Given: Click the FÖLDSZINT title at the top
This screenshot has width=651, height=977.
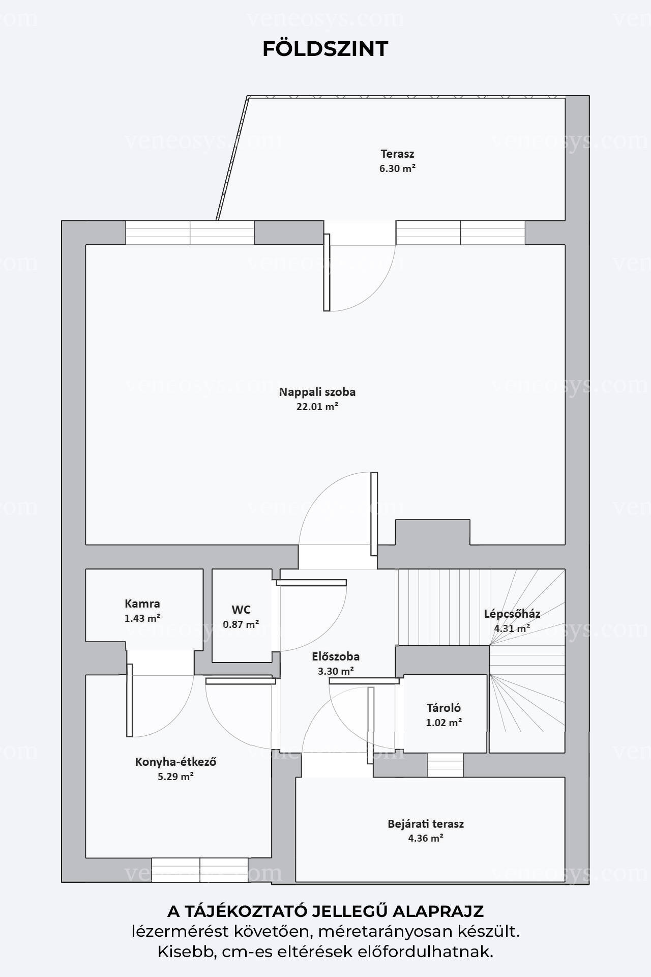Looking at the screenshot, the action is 325,48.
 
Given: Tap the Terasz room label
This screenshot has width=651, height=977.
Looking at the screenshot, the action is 397,154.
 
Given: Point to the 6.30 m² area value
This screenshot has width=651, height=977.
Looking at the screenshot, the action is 397,168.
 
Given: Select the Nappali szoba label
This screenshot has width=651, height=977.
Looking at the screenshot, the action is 317,392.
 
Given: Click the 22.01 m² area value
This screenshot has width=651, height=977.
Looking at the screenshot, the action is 317,407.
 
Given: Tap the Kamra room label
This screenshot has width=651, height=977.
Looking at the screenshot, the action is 142,604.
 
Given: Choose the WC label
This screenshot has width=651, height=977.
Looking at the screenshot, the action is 241,610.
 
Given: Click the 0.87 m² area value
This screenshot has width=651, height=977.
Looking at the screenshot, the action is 241,624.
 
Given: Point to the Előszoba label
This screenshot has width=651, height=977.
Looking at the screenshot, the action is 336,656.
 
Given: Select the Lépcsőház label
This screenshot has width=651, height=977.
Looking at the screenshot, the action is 512,614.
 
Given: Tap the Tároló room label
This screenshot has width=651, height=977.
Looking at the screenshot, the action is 443,708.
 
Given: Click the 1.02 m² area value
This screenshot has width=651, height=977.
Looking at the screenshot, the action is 443,723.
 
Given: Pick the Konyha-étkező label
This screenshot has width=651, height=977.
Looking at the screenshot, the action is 176,762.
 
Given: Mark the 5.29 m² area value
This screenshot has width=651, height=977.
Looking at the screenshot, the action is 176,777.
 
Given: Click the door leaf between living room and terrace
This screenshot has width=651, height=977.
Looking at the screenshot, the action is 327,272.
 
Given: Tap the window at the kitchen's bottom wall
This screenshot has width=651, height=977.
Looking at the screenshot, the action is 200,870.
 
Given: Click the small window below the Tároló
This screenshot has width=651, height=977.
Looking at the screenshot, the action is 445,765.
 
